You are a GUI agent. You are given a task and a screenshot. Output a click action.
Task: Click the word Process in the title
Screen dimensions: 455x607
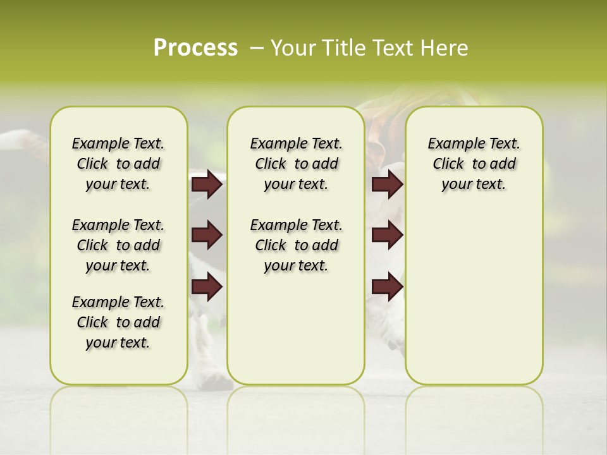pos(195,48)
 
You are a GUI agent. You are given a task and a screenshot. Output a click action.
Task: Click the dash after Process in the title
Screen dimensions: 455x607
pos(256,49)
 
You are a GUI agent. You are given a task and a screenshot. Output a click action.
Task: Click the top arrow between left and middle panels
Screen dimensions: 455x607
pos(207,185)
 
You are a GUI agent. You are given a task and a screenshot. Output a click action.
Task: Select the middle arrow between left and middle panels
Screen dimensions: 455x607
pos(207,236)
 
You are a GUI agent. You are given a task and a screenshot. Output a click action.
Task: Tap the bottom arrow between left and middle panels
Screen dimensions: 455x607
pos(207,287)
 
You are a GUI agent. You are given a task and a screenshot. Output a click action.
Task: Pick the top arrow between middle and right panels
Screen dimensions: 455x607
pos(387,185)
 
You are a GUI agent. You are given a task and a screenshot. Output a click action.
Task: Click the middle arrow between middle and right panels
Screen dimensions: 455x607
pos(387,236)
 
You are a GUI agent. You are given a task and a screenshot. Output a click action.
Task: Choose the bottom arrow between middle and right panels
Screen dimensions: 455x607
pos(387,287)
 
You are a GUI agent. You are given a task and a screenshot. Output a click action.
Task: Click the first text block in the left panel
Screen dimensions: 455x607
pos(118,164)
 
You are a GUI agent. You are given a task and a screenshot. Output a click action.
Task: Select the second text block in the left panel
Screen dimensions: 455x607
pos(118,245)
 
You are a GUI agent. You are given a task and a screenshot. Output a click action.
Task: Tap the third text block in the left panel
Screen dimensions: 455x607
pos(118,322)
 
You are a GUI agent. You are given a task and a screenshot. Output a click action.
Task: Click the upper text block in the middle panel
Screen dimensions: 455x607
pos(296,164)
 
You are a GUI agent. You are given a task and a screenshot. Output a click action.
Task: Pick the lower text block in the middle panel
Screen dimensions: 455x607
pos(296,245)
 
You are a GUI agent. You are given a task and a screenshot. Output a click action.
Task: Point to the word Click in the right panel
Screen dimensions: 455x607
pos(448,164)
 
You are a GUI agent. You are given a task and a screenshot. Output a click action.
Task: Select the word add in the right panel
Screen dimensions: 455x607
pos(503,164)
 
